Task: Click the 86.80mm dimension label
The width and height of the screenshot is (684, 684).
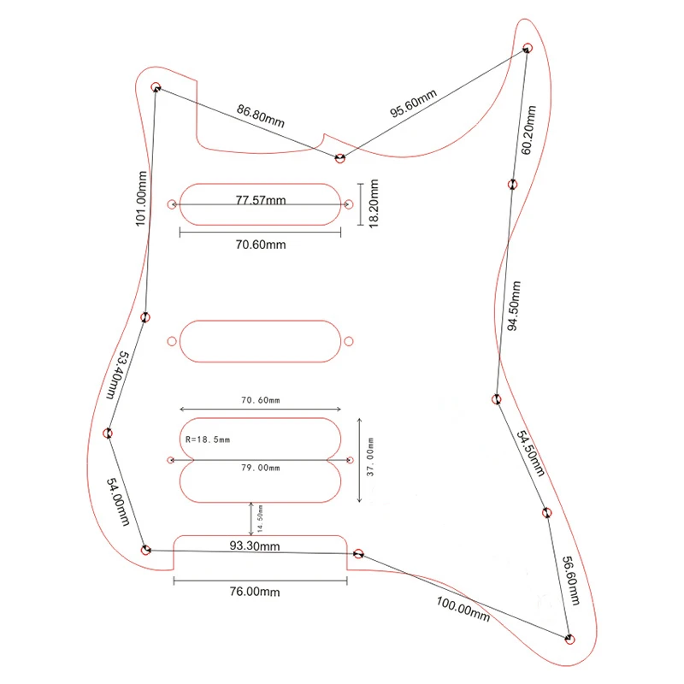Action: point(261,115)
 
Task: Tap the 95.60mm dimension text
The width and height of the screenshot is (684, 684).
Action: point(413,103)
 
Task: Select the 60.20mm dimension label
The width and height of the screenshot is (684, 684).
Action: point(528,130)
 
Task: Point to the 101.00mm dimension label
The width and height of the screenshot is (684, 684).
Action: point(141,198)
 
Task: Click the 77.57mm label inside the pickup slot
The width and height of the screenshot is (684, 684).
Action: point(261,200)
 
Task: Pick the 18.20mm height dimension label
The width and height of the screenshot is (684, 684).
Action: point(374,203)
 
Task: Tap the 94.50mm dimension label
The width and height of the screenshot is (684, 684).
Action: point(514,306)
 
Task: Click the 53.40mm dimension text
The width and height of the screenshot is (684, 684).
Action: point(117,375)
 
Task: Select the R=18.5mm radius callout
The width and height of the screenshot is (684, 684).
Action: point(208,439)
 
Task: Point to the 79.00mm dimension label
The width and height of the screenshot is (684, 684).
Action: point(261,468)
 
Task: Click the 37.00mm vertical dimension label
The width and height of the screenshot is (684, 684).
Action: point(370,457)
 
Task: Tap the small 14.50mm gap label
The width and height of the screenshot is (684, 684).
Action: point(260,519)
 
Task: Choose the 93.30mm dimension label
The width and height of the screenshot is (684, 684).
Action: point(255,545)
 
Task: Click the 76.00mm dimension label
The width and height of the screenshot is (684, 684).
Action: point(255,592)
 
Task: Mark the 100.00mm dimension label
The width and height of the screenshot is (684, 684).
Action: point(463,609)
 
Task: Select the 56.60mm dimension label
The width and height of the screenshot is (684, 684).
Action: point(571,581)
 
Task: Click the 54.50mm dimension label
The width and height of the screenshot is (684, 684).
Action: point(531,453)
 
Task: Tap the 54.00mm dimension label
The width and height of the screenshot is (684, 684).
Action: point(118,502)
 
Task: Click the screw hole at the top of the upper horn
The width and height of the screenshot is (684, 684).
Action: point(528,48)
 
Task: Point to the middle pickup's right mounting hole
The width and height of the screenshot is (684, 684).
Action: point(349,341)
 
